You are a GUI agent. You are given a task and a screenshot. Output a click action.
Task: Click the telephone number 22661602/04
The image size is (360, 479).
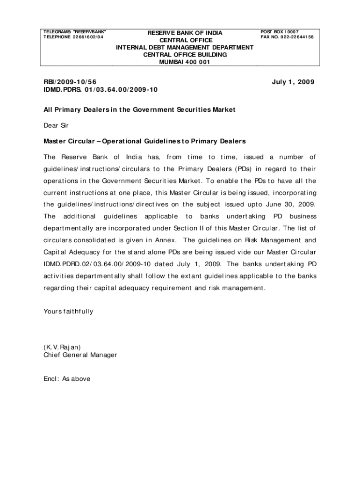[x=88, y=37]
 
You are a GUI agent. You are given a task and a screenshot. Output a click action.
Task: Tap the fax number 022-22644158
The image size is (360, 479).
[x=294, y=37]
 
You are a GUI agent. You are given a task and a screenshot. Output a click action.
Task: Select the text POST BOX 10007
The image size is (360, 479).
[x=279, y=32]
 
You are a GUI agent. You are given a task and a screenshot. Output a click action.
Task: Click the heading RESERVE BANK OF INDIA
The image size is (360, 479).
[x=185, y=33]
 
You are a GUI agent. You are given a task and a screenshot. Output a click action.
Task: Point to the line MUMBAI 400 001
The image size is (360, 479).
[x=185, y=62]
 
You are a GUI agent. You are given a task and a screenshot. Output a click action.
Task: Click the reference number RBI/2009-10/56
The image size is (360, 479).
[x=71, y=82]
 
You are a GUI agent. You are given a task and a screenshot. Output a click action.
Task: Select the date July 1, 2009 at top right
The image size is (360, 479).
[x=293, y=82]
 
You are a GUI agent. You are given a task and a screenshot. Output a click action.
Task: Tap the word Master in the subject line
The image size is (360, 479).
[x=55, y=141]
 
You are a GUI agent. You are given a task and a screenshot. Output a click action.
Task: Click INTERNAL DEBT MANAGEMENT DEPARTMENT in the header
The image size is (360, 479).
[x=185, y=47]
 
